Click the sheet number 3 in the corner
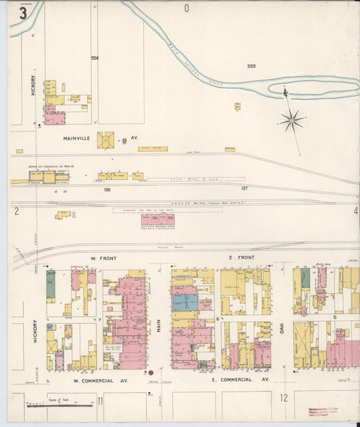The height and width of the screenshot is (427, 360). pos(23,13)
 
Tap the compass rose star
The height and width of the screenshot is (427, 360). pos(292,121)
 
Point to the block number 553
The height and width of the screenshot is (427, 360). pos(251,66)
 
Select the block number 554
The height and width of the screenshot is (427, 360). pos(95,58)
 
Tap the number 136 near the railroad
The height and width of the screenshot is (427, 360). pos(107,190)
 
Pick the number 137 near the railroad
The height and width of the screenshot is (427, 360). pos(245,189)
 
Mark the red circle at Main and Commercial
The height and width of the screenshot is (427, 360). pos(151,372)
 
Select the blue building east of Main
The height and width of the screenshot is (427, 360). pos(186,302)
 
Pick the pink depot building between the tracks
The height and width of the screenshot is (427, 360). pos(157,220)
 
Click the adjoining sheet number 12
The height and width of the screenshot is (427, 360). pos(284,398)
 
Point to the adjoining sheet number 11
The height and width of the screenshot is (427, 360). pos(100,401)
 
